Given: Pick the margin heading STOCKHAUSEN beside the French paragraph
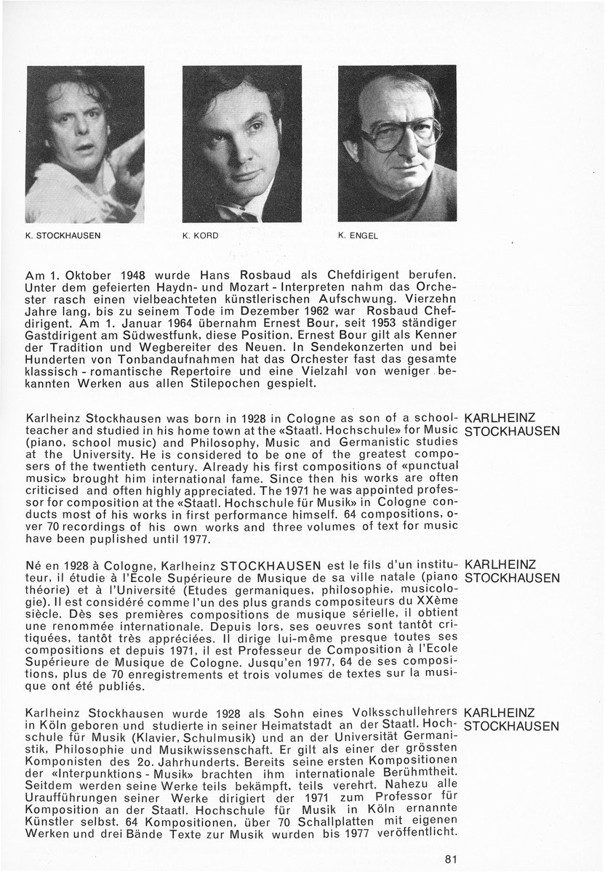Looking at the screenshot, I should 511,578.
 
